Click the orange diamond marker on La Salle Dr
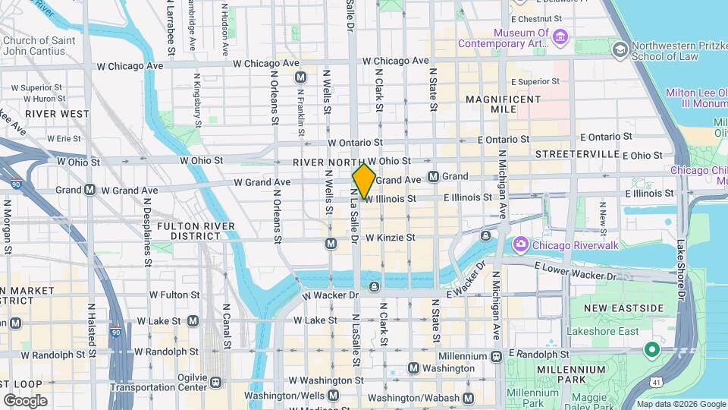(x=364, y=181)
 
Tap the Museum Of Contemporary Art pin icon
(x=560, y=36)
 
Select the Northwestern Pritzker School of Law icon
(x=620, y=50)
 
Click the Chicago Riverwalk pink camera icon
(x=520, y=244)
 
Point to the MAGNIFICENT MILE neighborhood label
(x=503, y=104)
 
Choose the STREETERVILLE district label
(x=577, y=154)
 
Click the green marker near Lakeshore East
(x=651, y=350)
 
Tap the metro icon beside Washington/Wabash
(x=469, y=398)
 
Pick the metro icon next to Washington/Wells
(x=333, y=396)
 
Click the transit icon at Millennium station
(x=496, y=356)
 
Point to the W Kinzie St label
(x=390, y=238)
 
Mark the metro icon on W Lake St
(x=193, y=320)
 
